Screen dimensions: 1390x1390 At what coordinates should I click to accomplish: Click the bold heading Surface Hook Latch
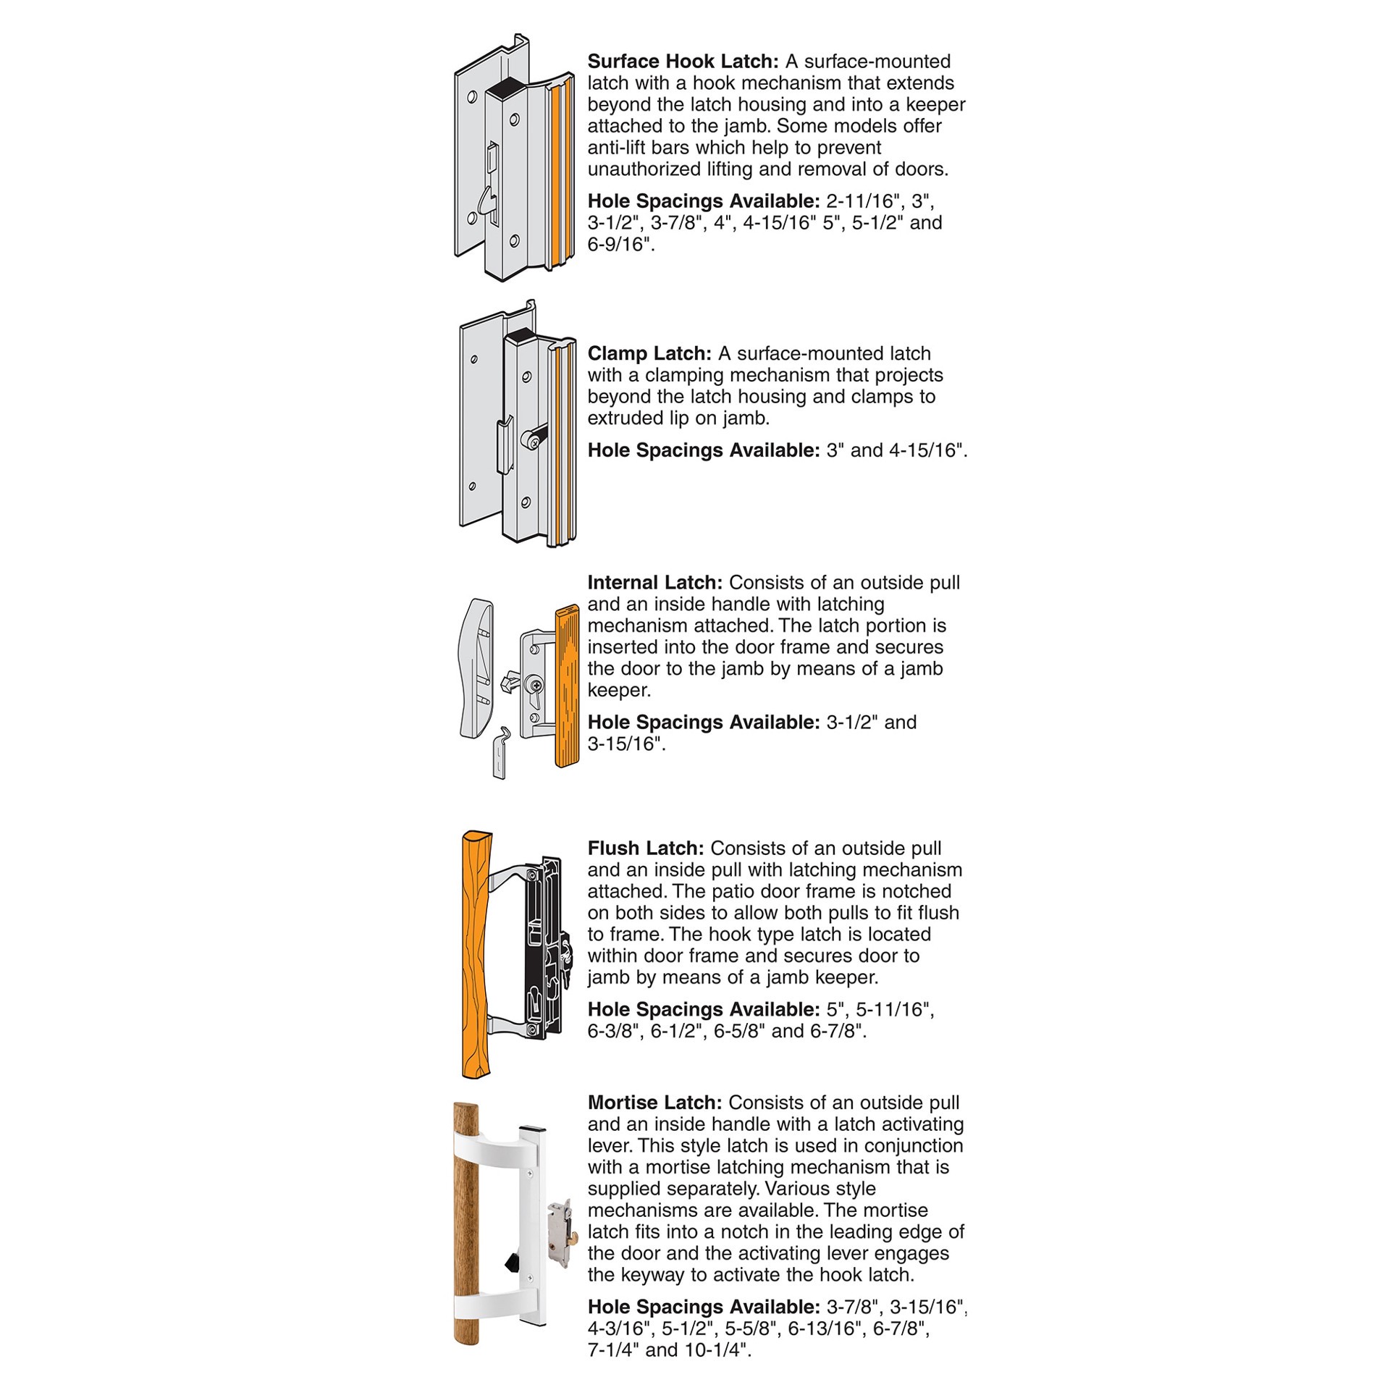682,62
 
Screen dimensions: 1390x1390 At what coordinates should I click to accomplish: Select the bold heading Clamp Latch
649,354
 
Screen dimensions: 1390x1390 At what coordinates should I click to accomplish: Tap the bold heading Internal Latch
654,583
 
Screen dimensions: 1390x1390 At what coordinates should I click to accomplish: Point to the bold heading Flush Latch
645,848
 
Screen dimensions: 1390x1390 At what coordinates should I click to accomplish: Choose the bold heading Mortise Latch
654,1103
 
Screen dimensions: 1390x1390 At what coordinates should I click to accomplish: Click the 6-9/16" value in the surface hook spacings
620,245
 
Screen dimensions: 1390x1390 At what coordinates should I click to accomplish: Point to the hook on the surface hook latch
489,203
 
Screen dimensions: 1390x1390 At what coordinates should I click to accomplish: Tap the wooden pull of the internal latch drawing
567,685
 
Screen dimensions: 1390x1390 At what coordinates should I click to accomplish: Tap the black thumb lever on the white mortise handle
512,1263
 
